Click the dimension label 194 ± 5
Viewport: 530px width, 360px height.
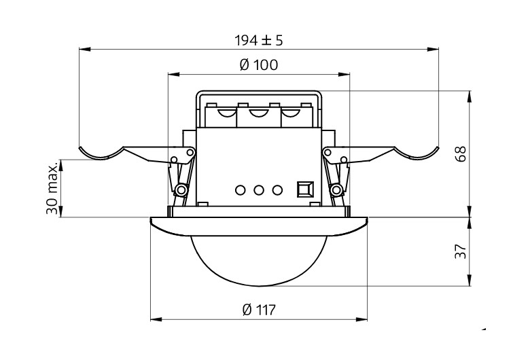click(258, 40)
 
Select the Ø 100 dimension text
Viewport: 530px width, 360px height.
click(258, 65)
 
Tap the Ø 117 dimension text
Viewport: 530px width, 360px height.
click(258, 310)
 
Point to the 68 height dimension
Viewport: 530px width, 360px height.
click(461, 153)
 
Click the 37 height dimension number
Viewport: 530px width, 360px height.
click(461, 252)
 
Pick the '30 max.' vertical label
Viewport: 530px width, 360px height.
click(52, 188)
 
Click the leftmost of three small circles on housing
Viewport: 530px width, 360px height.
click(240, 189)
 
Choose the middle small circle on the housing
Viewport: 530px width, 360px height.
click(258, 189)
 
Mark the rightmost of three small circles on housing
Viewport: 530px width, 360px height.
click(277, 189)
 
